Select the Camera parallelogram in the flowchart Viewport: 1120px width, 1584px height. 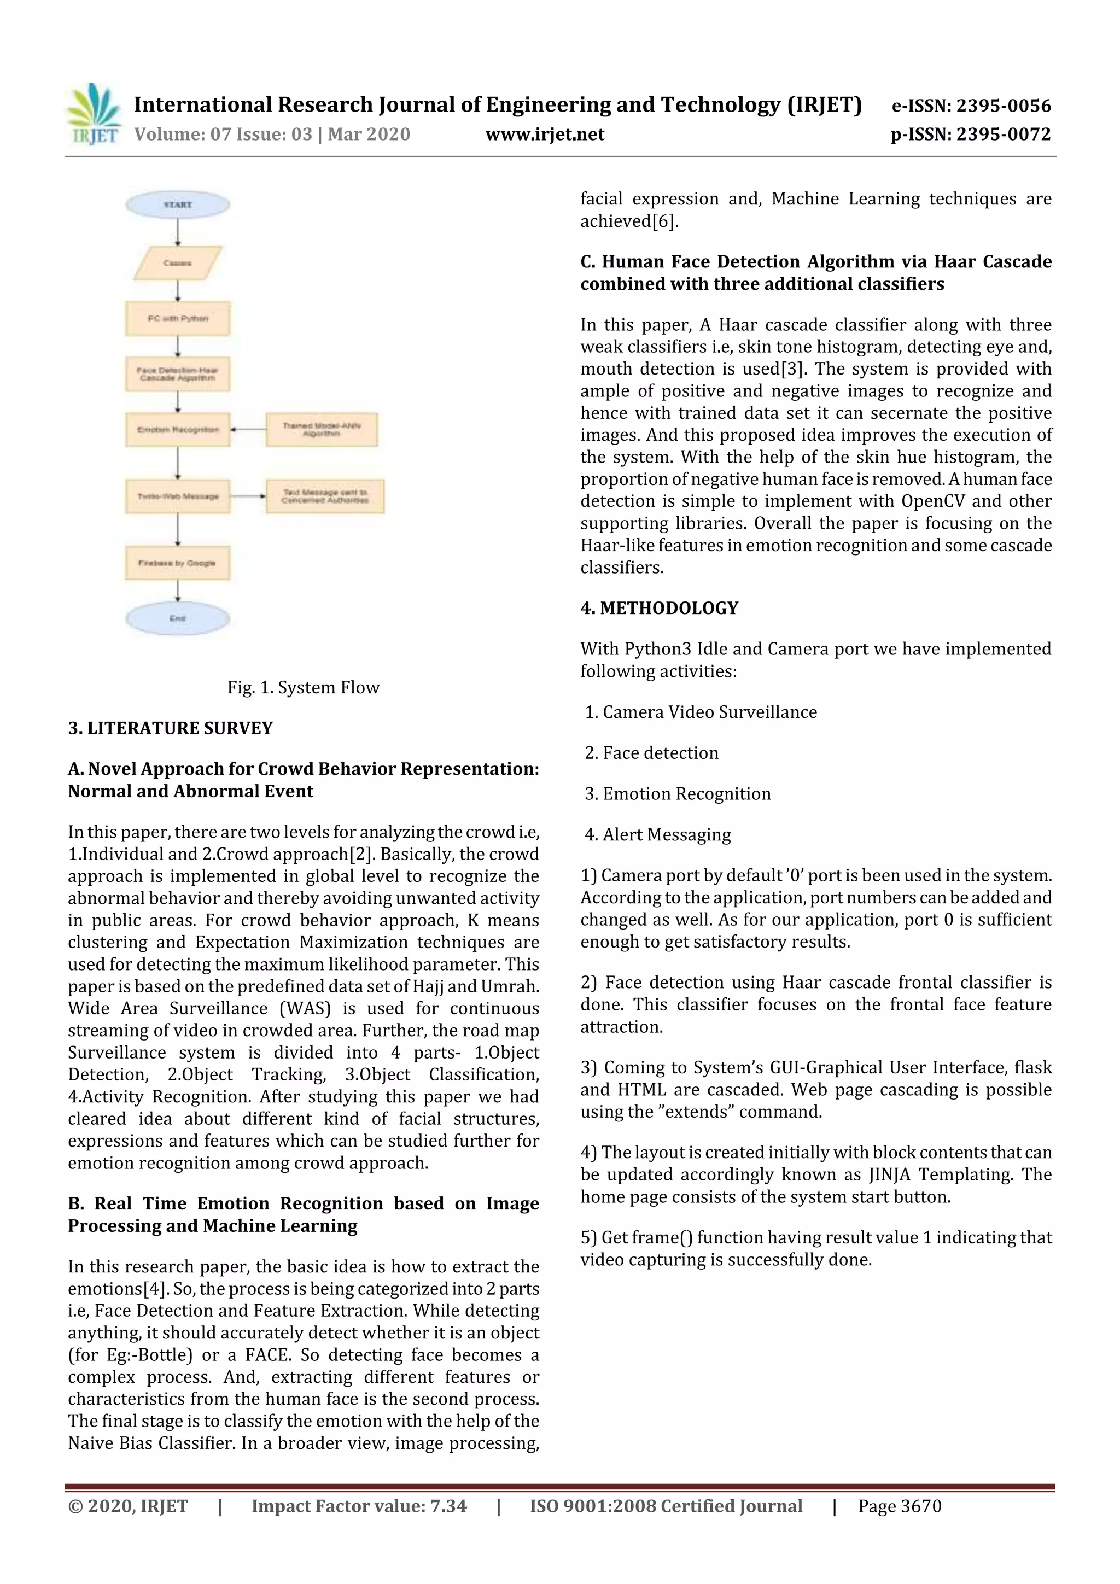(177, 263)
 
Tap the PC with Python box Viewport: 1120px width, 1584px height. (177, 318)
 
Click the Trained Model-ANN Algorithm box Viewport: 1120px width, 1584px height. (322, 429)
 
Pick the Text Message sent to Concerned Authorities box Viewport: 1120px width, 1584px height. (324, 496)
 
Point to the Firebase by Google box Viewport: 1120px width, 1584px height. (177, 563)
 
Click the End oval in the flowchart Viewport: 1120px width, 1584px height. (177, 618)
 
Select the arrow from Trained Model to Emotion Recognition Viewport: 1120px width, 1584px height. (248, 429)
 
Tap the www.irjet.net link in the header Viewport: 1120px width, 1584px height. (545, 134)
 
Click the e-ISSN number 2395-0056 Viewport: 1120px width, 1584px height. (1004, 106)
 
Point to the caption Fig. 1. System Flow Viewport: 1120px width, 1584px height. (303, 687)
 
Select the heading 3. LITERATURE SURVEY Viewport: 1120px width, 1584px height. (171, 728)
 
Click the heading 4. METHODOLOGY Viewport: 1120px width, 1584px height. (659, 608)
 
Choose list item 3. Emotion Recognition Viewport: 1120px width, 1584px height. (678, 793)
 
